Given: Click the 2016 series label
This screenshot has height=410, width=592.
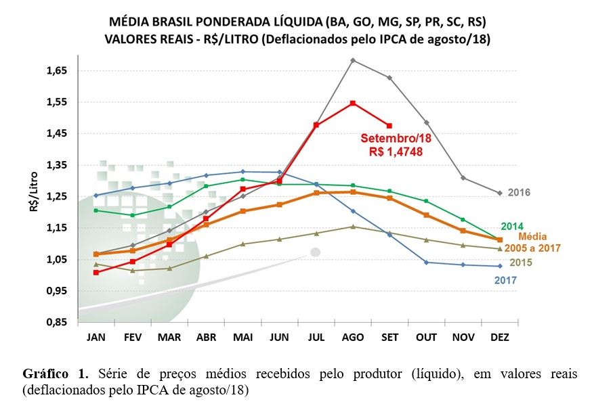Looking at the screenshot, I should (x=519, y=193).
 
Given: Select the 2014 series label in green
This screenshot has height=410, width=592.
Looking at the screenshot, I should (x=512, y=227).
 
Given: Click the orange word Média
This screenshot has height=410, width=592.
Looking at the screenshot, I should (x=532, y=237).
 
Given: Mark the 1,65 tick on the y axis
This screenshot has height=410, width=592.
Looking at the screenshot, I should (x=56, y=70).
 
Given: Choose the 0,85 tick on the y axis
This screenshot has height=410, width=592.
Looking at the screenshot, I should (x=56, y=322).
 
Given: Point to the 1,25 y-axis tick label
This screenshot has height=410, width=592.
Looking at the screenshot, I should (x=56, y=196).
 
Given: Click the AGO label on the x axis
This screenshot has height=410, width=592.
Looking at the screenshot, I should (x=352, y=336).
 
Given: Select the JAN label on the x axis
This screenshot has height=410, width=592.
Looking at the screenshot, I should (x=96, y=336).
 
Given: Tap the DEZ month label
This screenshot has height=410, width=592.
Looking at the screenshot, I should (x=499, y=336).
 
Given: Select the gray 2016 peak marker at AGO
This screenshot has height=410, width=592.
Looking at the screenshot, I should (x=353, y=60).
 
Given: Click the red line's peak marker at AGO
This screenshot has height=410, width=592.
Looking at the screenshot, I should (x=353, y=103).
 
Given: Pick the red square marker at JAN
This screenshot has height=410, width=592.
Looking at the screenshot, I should (x=96, y=273).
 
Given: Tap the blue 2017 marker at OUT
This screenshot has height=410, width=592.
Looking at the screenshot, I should (x=426, y=263).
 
